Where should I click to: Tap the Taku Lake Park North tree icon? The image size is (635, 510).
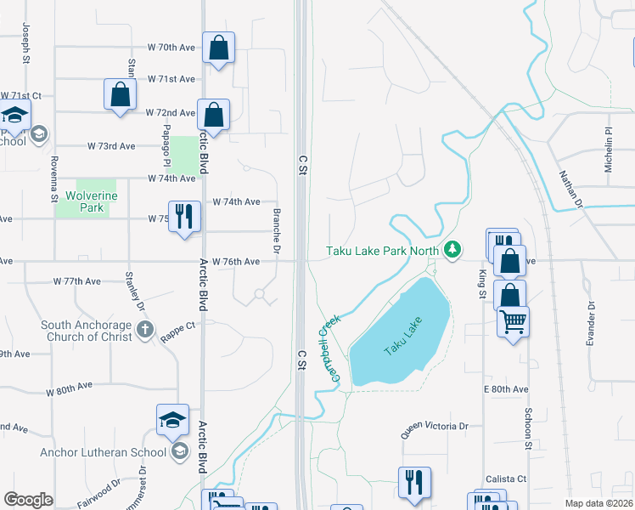pos(454,250)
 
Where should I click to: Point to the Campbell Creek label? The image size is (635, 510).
pos(329,347)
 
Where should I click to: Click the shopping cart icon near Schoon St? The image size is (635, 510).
pos(513,323)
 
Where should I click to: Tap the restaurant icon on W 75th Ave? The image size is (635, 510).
pos(184,215)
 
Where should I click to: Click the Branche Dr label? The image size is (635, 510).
pos(276,230)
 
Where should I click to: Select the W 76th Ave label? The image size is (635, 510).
pos(236,261)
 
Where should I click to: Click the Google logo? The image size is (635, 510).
pos(29,500)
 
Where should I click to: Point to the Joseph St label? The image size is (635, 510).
pos(27,44)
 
